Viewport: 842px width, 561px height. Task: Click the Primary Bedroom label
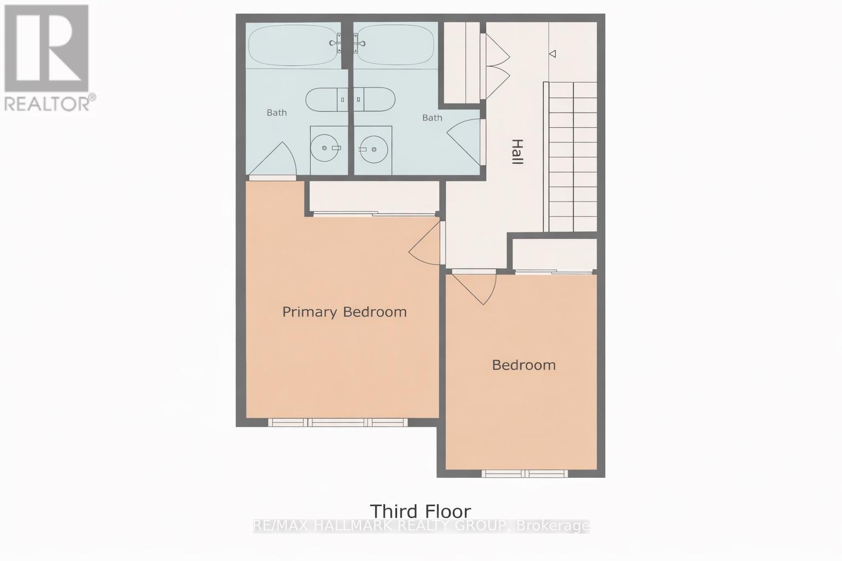click(344, 312)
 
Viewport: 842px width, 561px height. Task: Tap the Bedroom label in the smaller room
click(524, 365)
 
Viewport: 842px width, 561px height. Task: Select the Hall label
click(516, 152)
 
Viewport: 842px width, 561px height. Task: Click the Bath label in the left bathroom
click(276, 113)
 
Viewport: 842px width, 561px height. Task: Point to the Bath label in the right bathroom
click(432, 118)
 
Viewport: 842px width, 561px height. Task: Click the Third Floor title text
click(420, 511)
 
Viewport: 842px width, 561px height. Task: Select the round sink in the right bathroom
click(374, 148)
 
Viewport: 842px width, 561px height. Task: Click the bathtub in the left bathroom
click(293, 44)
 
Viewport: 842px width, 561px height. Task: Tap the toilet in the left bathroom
click(326, 100)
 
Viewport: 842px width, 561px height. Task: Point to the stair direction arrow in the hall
click(553, 54)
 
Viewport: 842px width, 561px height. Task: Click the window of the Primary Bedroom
click(338, 422)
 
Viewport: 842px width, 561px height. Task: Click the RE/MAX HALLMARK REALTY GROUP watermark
click(420, 526)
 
